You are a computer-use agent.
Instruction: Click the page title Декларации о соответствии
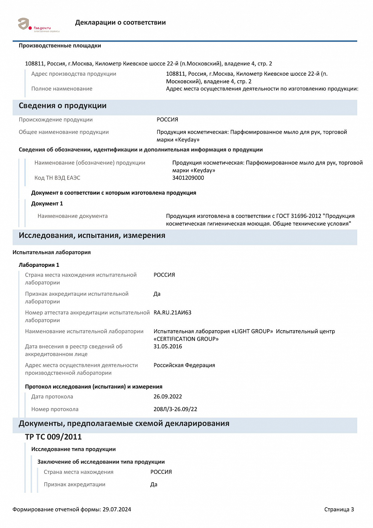tap(120, 23)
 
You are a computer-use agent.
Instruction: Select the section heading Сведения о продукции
tap(63, 106)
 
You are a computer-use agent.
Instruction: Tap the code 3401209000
tap(188, 178)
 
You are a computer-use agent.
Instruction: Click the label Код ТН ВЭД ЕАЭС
tap(57, 178)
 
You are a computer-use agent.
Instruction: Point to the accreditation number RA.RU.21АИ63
tap(172, 313)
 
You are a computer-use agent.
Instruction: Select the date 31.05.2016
tap(168, 346)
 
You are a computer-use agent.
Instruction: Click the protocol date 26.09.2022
tap(168, 397)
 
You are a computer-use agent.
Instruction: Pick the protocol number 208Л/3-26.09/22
tap(175, 409)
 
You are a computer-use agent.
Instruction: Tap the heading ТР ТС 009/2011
tap(53, 437)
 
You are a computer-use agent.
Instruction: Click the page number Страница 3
tap(339, 509)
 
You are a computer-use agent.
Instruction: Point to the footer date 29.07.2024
tap(117, 509)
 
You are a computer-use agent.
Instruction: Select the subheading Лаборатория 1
tap(39, 265)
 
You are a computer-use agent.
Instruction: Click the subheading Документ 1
tap(47, 203)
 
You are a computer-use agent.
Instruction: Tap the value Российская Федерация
tap(184, 365)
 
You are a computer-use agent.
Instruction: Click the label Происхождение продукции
tap(56, 120)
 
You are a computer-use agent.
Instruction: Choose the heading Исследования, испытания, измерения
tap(92, 235)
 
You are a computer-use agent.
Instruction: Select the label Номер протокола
tap(55, 409)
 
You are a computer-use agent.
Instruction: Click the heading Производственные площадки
tap(60, 46)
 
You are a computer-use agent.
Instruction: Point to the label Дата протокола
tap(52, 397)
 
